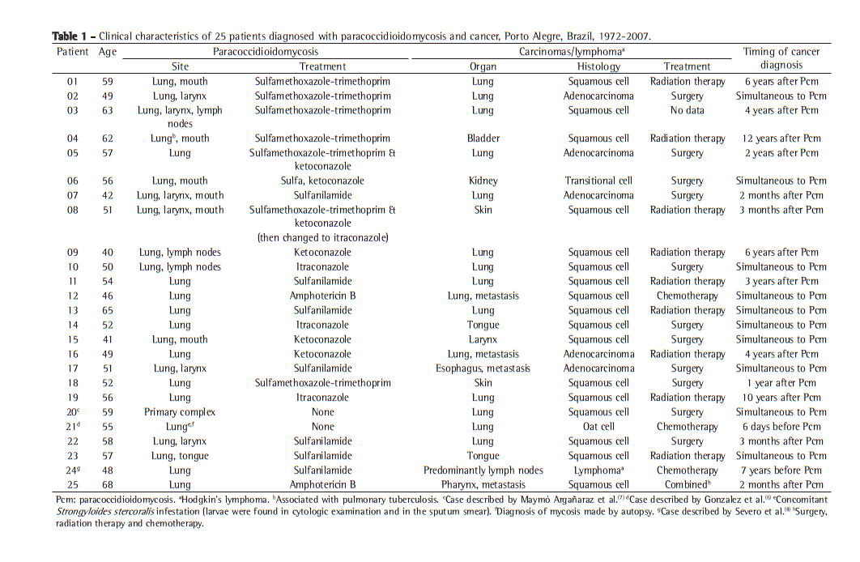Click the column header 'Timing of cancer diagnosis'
click(x=781, y=58)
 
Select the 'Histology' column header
click(x=598, y=66)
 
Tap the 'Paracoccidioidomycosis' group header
click(x=266, y=52)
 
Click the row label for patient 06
click(x=73, y=181)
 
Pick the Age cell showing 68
click(x=107, y=484)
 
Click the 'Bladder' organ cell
click(x=483, y=138)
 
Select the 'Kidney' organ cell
click(x=483, y=181)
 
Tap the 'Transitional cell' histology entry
click(x=598, y=181)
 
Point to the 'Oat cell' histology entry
click(x=598, y=426)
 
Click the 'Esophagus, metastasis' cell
click(x=483, y=368)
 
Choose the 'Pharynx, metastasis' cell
click(x=483, y=484)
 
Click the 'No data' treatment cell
click(x=687, y=110)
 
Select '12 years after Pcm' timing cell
click(x=781, y=138)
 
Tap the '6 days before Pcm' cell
click(x=781, y=426)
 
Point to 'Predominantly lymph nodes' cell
click(x=483, y=470)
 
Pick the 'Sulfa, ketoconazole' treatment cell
click(x=322, y=181)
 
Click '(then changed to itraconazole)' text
click(x=322, y=237)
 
